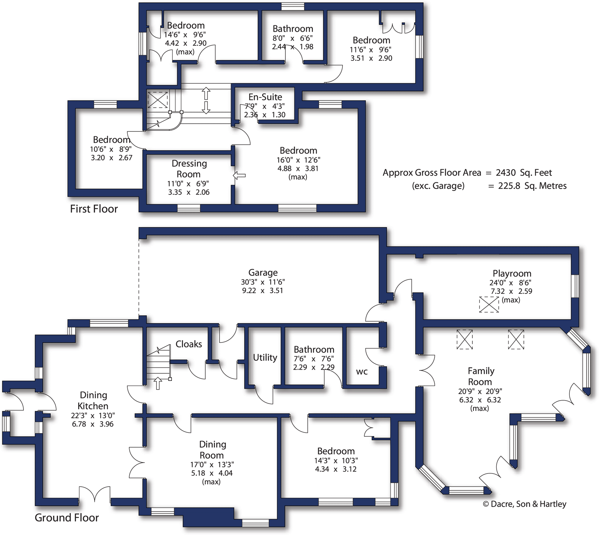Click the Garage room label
[x=263, y=273]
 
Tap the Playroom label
[x=512, y=273]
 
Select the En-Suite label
[x=265, y=97]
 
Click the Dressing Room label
[x=189, y=169]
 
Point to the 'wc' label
[x=362, y=372]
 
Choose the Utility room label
[x=265, y=358]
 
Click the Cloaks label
[x=189, y=344]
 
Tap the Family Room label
[x=481, y=376]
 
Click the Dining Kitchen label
[x=93, y=400]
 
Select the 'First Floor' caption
[x=94, y=209]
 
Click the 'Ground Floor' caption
[x=67, y=517]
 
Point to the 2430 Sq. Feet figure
[x=524, y=173]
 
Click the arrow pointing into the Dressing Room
[x=239, y=176]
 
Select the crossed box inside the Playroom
[x=489, y=304]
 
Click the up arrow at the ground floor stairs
[x=158, y=383]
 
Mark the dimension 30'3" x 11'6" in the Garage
[x=263, y=282]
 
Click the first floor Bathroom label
[x=293, y=29]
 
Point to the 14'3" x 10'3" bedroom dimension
[x=336, y=461]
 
